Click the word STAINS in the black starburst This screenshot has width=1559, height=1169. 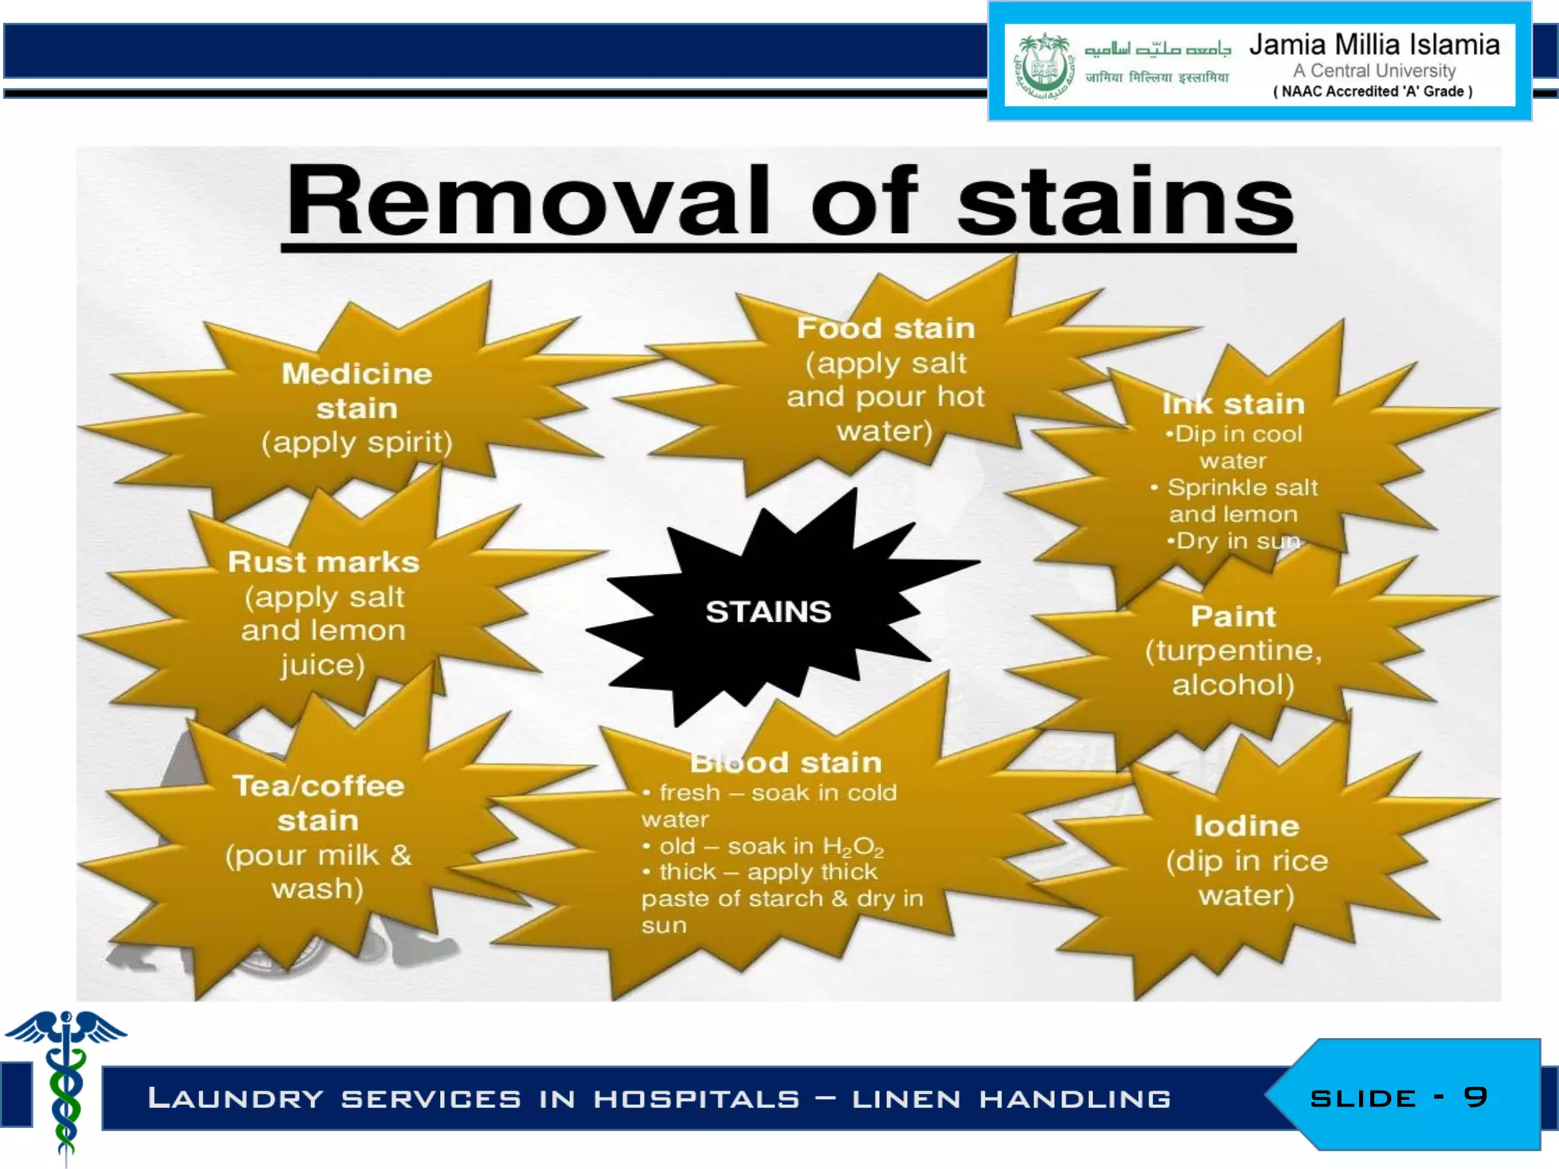click(x=768, y=612)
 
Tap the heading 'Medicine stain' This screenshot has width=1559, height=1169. click(x=357, y=391)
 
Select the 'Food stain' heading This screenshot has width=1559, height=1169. click(x=885, y=328)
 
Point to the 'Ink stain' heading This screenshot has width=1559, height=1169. click(x=1233, y=403)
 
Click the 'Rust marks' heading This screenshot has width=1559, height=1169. click(x=324, y=562)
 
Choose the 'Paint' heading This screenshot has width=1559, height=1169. click(x=1233, y=616)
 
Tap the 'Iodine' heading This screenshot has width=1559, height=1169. click(x=1246, y=826)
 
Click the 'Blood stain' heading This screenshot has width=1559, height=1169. click(x=786, y=762)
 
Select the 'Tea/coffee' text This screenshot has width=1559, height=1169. click(x=318, y=785)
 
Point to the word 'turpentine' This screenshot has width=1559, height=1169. click(x=1233, y=651)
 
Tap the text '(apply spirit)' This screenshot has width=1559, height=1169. click(x=357, y=442)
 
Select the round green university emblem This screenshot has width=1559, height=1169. click(x=1044, y=69)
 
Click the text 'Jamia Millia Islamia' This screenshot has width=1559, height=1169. click(x=1374, y=45)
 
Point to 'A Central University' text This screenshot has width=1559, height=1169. click(x=1374, y=71)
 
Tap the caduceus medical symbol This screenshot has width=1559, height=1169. click(x=65, y=1081)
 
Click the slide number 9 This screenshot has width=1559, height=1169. click(x=1475, y=1097)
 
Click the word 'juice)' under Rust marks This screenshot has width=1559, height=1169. click(x=323, y=665)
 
